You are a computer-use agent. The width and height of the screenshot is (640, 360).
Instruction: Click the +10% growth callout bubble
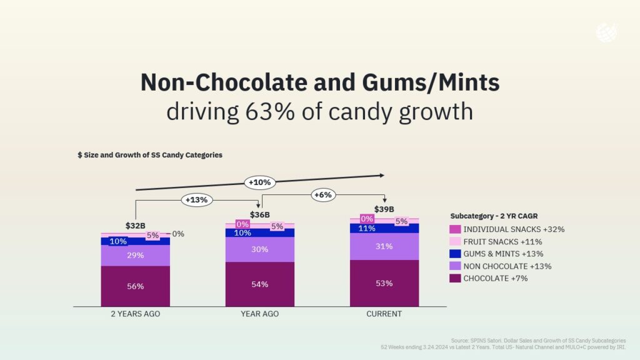[259, 182]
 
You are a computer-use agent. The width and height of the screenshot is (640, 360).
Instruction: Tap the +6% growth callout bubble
[322, 195]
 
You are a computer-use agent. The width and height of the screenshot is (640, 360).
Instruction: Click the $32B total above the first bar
[136, 226]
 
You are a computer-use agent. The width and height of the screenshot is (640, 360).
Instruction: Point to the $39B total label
[384, 209]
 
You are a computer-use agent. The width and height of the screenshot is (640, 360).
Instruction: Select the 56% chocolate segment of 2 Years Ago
[136, 286]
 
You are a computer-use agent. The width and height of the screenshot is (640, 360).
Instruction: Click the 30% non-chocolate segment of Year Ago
[260, 249]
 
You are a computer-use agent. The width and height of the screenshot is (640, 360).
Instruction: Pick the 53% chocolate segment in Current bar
[384, 284]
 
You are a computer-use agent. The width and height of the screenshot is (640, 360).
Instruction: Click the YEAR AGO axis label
[259, 314]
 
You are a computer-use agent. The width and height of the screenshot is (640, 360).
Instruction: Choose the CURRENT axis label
[384, 314]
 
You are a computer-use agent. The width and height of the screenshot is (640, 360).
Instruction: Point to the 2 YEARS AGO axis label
[136, 314]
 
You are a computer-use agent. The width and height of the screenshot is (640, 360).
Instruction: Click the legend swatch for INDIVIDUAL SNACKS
[455, 229]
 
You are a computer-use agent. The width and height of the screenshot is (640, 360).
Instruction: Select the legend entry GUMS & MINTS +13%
[502, 254]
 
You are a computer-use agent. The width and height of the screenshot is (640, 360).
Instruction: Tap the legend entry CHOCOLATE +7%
[495, 278]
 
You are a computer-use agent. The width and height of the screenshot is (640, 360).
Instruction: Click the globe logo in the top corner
[606, 32]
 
